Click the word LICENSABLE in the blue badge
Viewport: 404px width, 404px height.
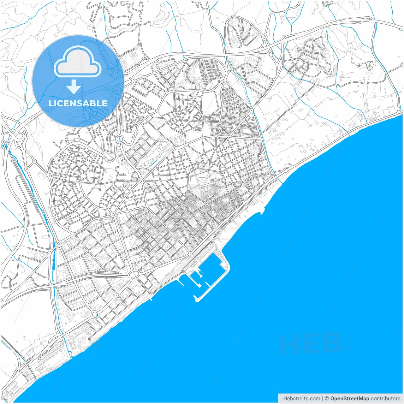click(78, 103)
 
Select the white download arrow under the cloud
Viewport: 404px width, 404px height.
click(74, 86)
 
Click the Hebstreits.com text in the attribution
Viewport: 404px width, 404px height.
click(301, 399)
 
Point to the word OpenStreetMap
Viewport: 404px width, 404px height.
click(349, 399)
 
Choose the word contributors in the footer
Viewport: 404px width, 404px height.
click(385, 399)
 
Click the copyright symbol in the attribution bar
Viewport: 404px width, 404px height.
click(327, 399)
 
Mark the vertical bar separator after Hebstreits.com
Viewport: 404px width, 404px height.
click(323, 399)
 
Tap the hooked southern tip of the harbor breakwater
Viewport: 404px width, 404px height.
click(196, 299)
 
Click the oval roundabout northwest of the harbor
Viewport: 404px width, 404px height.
click(134, 274)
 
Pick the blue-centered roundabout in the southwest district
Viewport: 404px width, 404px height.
click(95, 315)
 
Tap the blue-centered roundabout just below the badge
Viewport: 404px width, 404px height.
click(120, 139)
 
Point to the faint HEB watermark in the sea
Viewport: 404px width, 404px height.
click(312, 344)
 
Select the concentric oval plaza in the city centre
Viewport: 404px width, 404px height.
click(179, 139)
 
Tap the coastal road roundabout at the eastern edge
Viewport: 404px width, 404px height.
click(285, 170)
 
